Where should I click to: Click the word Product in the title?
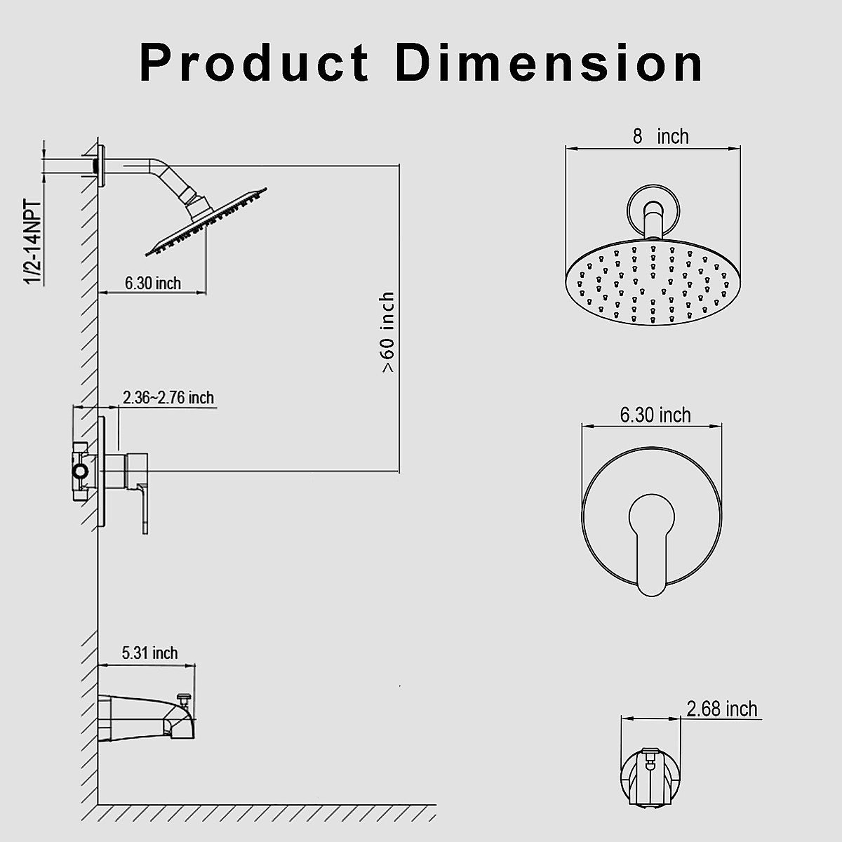254,63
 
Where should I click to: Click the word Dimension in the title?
549,62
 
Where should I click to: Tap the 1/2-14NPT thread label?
33,243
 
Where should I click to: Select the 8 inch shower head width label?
661,137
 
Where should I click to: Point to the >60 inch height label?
387,332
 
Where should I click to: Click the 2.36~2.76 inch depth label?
168,398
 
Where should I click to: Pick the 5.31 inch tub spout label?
150,653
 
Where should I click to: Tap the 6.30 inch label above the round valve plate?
655,415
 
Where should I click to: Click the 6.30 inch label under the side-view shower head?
153,283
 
